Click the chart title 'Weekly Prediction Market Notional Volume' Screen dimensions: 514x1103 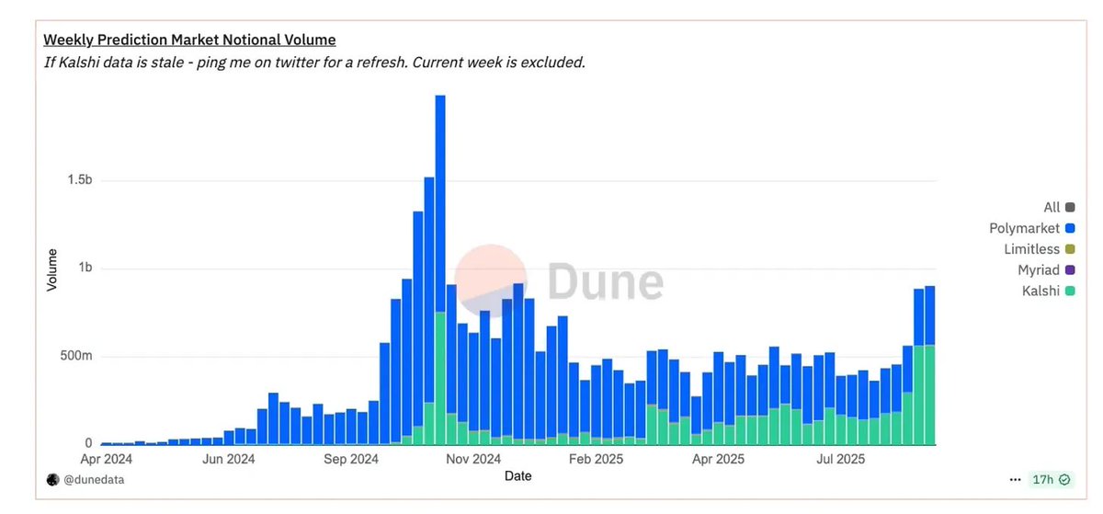coord(190,40)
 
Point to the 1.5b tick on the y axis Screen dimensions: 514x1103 coord(79,181)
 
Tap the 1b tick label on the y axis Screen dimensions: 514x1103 coord(85,268)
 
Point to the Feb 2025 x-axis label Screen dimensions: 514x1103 coord(597,458)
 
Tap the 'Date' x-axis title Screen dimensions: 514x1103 coord(517,475)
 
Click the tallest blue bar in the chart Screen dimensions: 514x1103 coord(440,202)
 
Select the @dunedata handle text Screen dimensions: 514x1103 coord(94,479)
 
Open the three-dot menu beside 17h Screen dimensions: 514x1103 coord(1015,479)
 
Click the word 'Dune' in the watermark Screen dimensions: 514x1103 coord(606,281)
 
